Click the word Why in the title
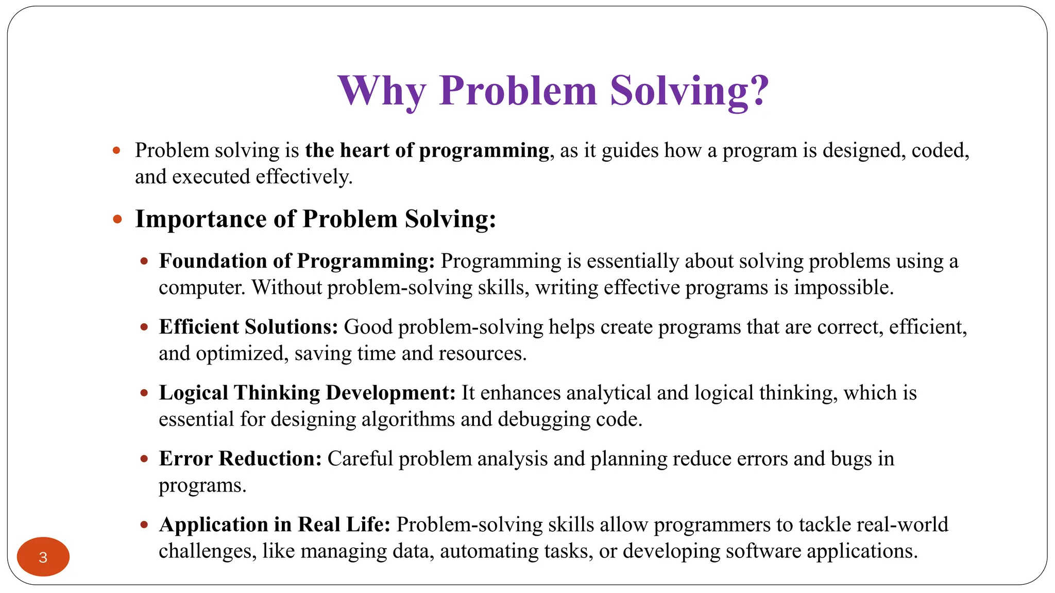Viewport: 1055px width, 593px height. pos(382,91)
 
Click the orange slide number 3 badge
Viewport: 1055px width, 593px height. pos(43,557)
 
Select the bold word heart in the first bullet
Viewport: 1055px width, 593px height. pos(364,150)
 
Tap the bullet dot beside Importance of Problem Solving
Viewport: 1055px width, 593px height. pos(117,220)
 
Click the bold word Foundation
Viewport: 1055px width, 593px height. pos(213,261)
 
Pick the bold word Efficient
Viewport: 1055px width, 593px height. pos(199,327)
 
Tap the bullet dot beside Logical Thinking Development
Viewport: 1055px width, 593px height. pos(144,393)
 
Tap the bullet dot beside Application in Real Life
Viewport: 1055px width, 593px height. pos(144,525)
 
